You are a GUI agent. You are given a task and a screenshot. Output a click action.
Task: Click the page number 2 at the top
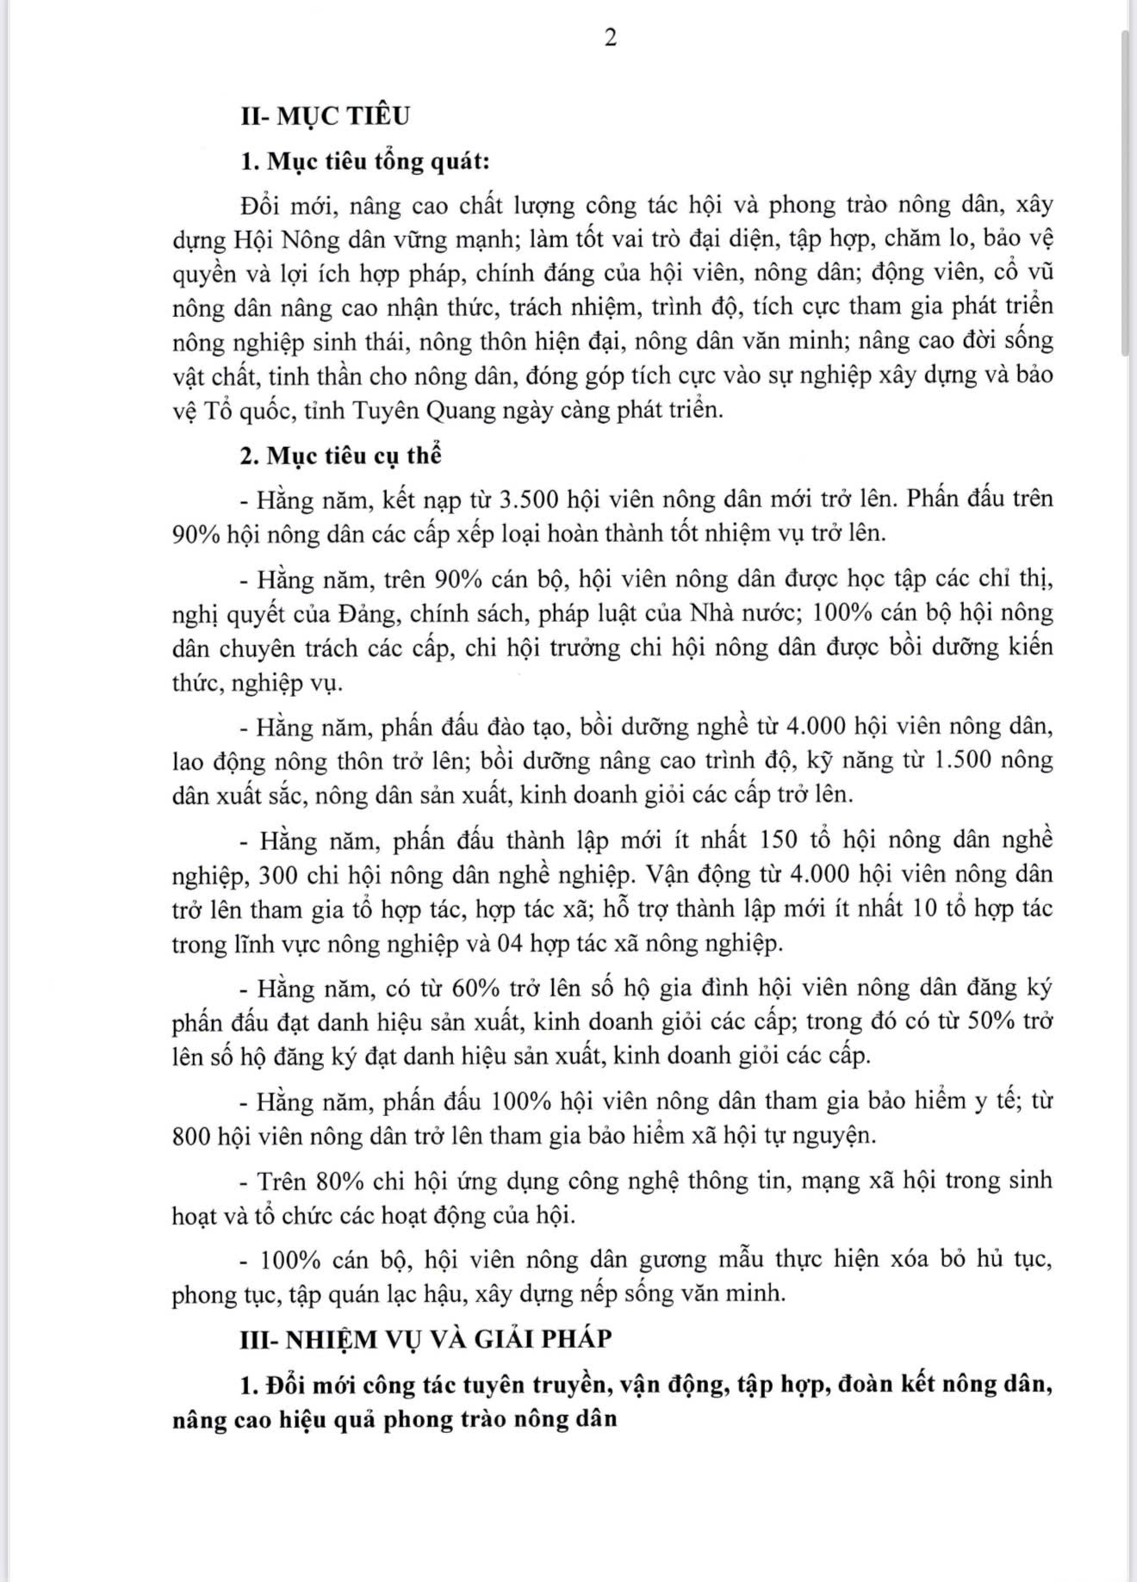(610, 39)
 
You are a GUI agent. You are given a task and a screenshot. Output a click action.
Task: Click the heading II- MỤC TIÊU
(325, 115)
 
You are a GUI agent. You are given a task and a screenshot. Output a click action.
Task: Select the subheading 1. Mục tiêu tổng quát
(365, 161)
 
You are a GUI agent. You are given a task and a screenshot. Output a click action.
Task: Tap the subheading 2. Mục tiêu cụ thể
(340, 456)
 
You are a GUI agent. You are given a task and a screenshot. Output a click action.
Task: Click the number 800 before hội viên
(191, 1136)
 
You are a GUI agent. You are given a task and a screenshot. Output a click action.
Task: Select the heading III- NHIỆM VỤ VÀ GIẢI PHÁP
(426, 1339)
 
